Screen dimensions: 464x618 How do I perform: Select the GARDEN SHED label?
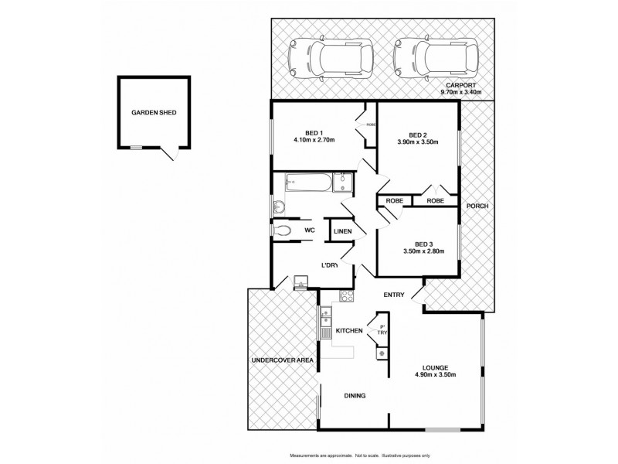(153, 112)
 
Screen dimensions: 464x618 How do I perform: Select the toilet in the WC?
(283, 230)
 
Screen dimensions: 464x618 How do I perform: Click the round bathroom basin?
(279, 206)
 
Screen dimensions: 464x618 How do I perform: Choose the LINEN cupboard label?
(343, 231)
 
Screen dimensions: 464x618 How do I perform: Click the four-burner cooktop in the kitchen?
(346, 297)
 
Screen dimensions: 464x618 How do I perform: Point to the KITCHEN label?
(348, 331)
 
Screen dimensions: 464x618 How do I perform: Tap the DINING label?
(355, 396)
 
